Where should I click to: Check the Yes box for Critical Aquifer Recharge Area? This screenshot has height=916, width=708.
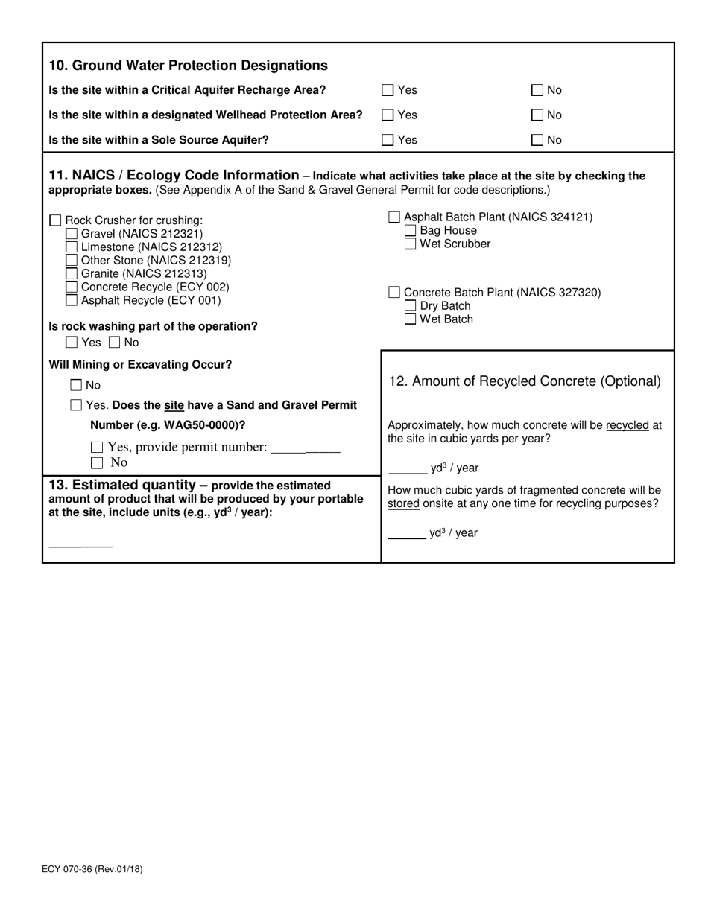[x=388, y=90]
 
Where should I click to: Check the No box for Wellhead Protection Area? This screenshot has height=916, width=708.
[x=537, y=115]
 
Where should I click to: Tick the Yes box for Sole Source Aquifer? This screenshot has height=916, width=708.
[x=388, y=140]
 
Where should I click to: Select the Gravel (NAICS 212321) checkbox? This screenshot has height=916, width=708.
[x=72, y=234]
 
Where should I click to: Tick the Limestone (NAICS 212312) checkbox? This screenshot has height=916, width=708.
[x=72, y=247]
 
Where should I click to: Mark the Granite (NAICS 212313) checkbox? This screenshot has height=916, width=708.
[x=72, y=274]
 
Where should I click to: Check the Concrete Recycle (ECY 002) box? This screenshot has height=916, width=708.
[x=72, y=287]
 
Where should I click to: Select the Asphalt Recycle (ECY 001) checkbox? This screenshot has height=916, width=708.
[x=72, y=301]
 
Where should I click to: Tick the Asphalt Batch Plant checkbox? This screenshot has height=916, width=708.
[x=394, y=217]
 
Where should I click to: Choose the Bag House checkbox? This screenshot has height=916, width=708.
[x=411, y=231]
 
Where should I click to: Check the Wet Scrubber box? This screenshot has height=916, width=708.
[x=411, y=244]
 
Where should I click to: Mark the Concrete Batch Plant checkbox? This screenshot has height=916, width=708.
[x=394, y=293]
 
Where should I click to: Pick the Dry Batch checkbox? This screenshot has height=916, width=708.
[x=411, y=306]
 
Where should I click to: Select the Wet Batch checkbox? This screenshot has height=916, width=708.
[x=411, y=319]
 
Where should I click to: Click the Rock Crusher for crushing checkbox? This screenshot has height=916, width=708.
[x=55, y=220]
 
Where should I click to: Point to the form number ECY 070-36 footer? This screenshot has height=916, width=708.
[x=94, y=868]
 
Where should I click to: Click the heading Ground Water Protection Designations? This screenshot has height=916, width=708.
[x=188, y=66]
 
